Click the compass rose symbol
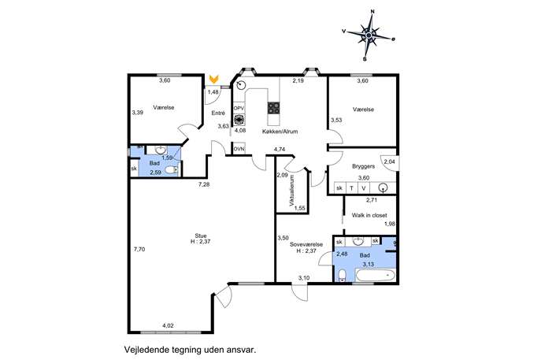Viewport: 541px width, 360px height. point(369,35)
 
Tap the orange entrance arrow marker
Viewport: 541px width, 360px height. point(214,79)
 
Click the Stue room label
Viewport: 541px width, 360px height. point(201,236)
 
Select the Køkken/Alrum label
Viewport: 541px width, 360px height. point(280,132)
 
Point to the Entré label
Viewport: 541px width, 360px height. point(218,113)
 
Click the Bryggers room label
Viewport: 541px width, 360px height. point(363,166)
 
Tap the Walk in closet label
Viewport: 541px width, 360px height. point(369,215)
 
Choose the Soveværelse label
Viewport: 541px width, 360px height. point(306,244)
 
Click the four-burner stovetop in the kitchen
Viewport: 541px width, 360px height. point(274,108)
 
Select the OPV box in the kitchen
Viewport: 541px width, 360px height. point(239,109)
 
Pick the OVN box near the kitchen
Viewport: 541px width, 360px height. point(239,149)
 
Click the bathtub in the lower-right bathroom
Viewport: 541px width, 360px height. point(376,275)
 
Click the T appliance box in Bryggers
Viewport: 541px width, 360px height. point(351,188)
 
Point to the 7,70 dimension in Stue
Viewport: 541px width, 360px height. point(139,249)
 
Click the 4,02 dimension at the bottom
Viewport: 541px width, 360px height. point(168,325)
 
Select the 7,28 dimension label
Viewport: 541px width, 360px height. point(204,184)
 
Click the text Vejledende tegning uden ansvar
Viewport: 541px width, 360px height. point(191,350)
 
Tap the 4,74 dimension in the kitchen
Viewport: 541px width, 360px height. point(280,150)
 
